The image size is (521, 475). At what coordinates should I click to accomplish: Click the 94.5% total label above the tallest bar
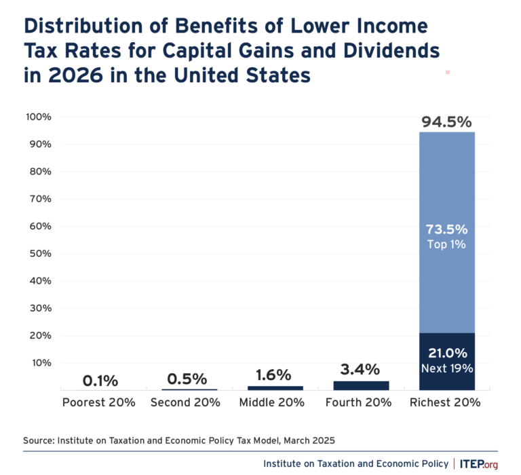tap(446, 122)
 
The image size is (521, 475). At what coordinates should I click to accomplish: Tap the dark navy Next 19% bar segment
tap(446, 362)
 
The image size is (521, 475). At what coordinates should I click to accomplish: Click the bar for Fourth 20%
tap(361, 385)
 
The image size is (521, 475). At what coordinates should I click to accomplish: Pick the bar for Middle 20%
tap(275, 388)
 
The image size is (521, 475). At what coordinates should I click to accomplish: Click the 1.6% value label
tap(275, 375)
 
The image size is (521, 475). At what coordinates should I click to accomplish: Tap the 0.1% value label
tap(100, 381)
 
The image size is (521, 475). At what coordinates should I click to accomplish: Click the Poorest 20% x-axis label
tap(99, 402)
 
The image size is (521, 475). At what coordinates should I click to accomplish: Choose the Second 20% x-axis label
tap(186, 402)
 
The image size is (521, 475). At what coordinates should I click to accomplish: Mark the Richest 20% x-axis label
tap(446, 402)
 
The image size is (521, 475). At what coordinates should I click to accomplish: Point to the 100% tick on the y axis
tap(39, 117)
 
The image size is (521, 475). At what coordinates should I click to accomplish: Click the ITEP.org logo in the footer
tap(479, 463)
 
